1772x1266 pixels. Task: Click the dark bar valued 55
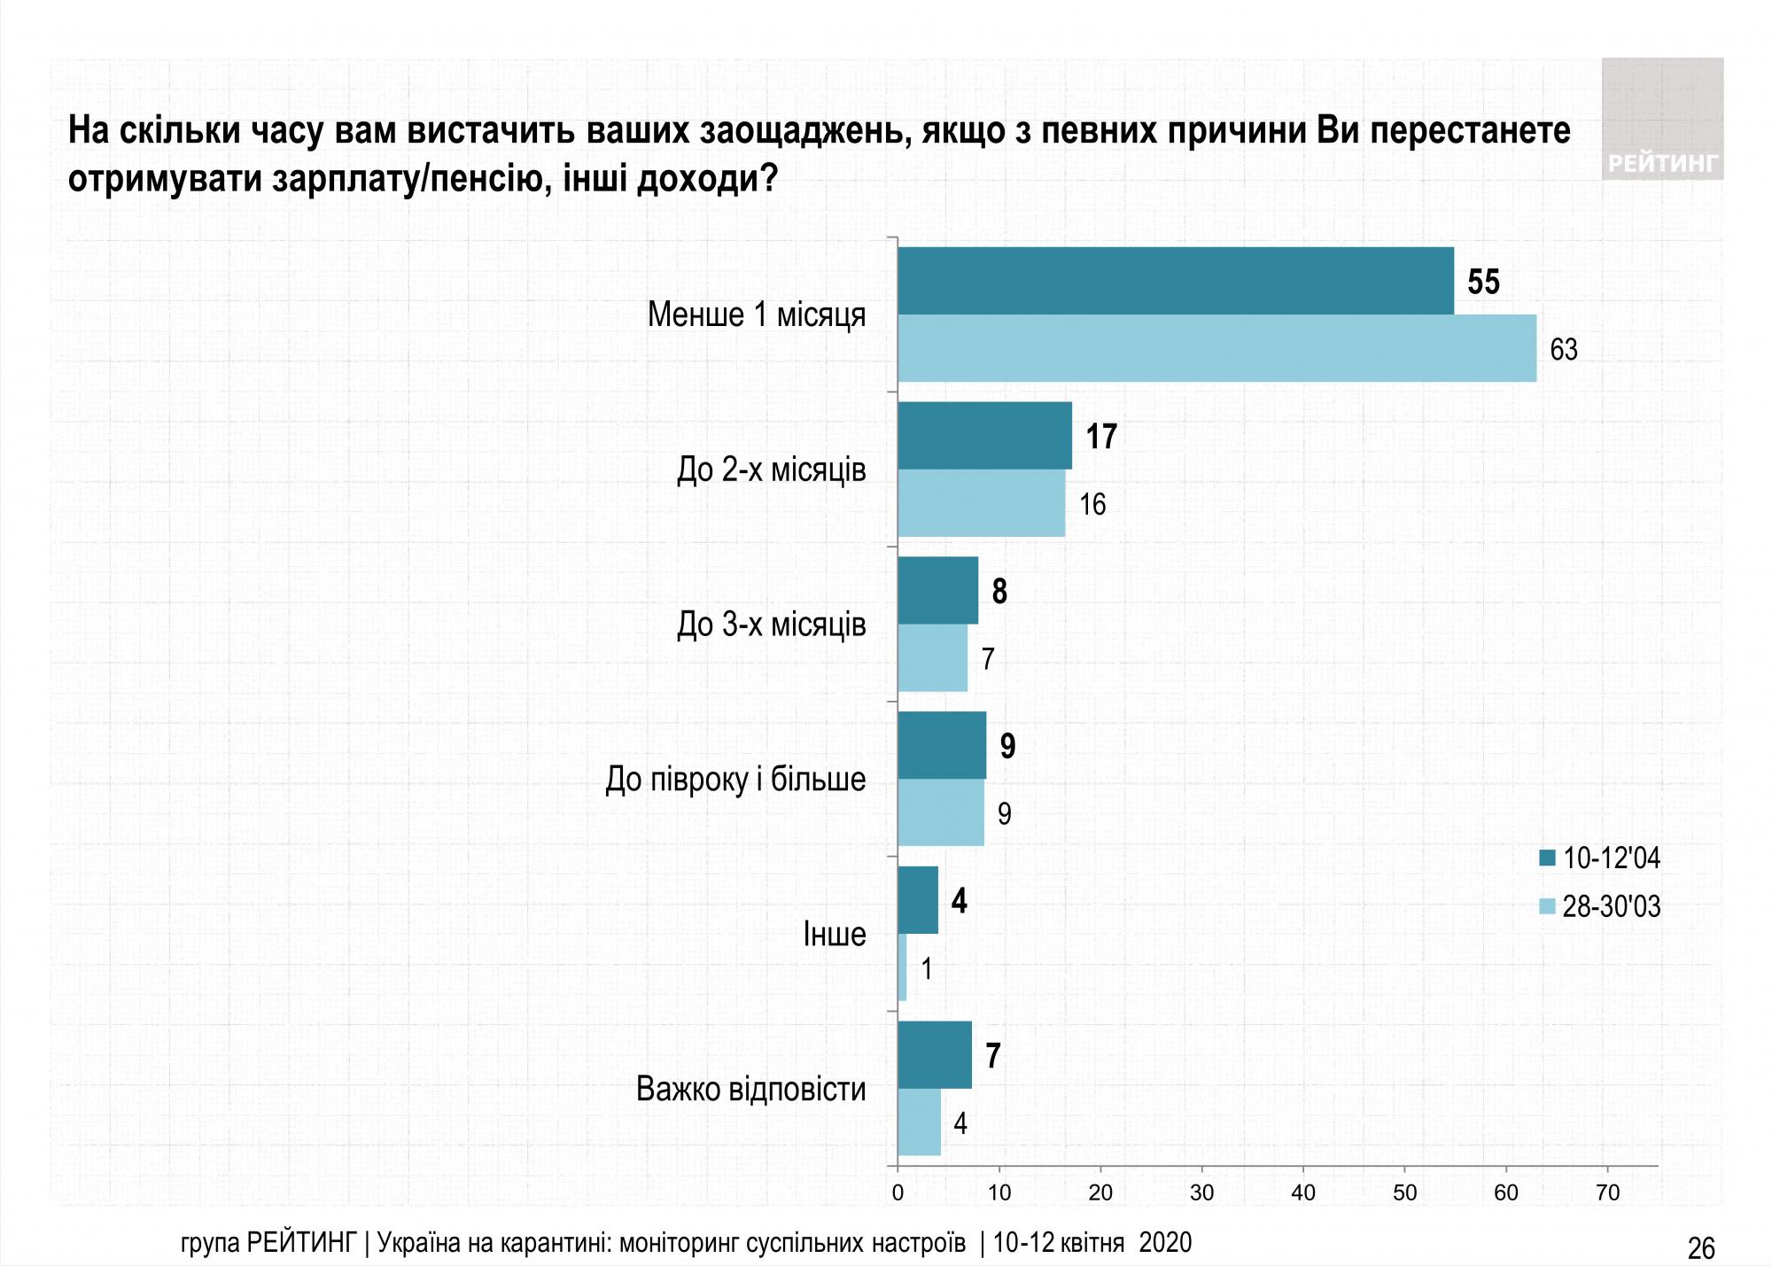1175,281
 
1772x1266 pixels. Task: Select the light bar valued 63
1216,348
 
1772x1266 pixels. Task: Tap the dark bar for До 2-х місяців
984,436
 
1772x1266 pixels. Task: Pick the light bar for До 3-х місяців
932,658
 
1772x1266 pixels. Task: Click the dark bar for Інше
918,900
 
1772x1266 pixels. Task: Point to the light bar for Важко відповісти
919,1122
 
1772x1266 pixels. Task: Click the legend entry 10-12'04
1600,858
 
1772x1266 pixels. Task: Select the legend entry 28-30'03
1600,906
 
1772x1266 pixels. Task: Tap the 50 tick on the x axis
1405,1192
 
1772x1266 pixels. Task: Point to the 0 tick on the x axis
898,1192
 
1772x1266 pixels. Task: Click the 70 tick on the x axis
1607,1192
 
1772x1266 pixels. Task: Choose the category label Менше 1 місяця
756,315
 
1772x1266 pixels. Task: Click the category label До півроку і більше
735,780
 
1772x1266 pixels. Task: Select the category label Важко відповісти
750,1089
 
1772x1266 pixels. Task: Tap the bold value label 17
1101,437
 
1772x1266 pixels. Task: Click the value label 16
1092,504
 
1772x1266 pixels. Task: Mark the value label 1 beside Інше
927,969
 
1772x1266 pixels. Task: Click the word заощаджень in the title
805,131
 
